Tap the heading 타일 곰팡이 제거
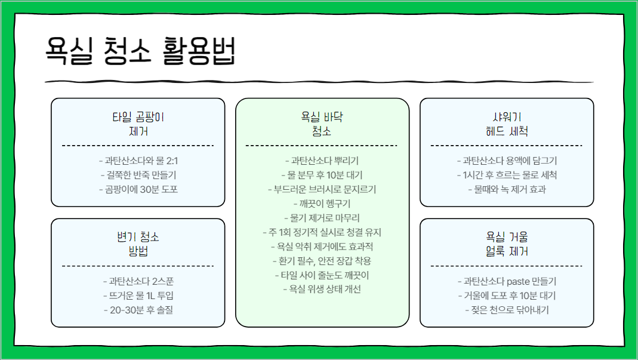click(138, 124)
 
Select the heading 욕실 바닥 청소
click(322, 124)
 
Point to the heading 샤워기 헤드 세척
click(507, 124)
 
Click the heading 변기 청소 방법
click(138, 244)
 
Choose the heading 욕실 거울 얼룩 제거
click(507, 244)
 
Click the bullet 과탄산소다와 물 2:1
click(138, 161)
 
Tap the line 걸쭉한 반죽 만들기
click(138, 175)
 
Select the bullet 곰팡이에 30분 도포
click(138, 189)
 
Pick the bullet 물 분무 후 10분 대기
click(322, 175)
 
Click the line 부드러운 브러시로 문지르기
click(322, 189)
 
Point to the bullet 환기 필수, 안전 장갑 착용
click(322, 261)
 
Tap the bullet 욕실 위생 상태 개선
click(322, 290)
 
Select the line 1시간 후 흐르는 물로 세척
click(507, 175)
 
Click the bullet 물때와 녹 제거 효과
click(507, 189)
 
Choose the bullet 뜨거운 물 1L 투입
click(138, 296)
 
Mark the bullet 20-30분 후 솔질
click(138, 310)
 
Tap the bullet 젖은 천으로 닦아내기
click(507, 310)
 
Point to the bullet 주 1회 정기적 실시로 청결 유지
click(322, 232)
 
